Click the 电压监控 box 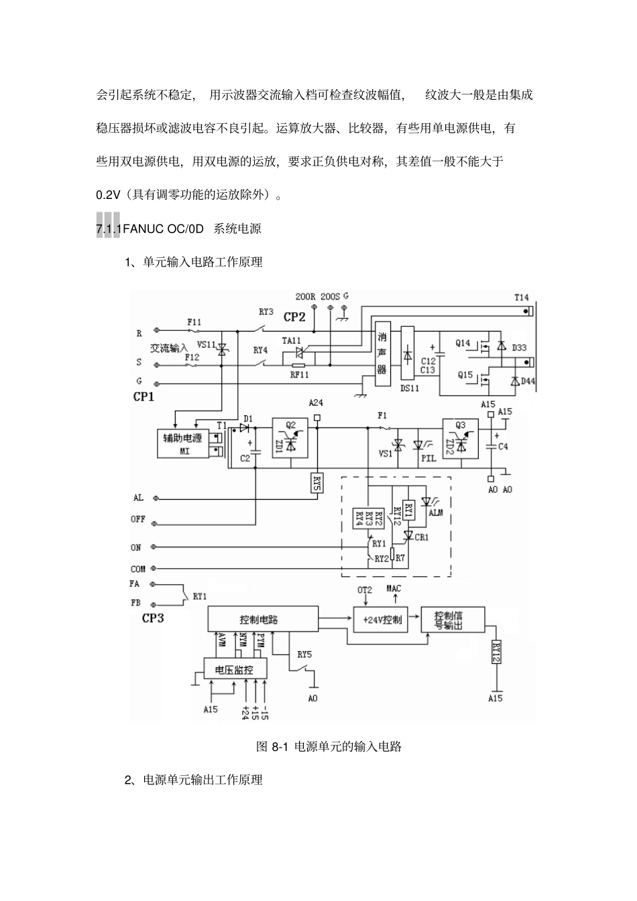(235, 669)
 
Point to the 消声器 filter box (382, 356)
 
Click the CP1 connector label (143, 397)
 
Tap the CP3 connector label (153, 618)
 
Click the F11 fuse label (194, 322)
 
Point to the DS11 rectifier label (409, 387)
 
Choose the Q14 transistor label (463, 344)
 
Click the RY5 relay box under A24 (317, 483)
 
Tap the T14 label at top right (521, 297)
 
